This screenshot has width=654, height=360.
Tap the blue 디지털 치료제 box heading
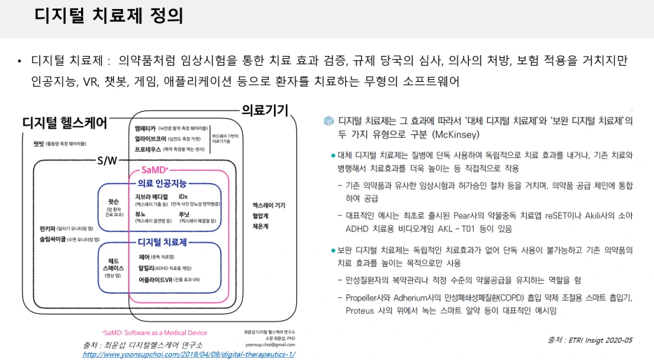[x=162, y=242]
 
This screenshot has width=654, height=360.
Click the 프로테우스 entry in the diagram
[x=152, y=148]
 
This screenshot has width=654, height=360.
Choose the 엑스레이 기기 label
[x=268, y=205]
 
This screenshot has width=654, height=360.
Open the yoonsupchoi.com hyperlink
[x=189, y=354]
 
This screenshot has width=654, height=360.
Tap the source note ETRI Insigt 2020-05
[x=590, y=340]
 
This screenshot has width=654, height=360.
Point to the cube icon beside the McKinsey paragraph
[x=328, y=121]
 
